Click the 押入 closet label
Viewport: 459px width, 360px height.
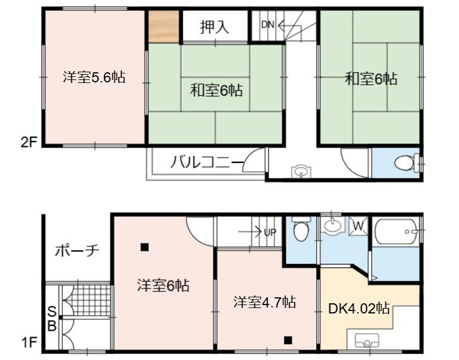[x=215, y=27]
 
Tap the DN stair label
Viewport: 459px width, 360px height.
[x=268, y=25]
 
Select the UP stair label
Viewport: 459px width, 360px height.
[x=270, y=232]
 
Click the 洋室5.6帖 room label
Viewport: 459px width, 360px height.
[x=94, y=78]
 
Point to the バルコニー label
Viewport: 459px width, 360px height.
[x=207, y=162]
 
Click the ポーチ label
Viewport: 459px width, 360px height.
[x=78, y=251]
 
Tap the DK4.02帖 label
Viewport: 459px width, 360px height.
[x=359, y=309]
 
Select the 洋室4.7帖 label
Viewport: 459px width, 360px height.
[x=265, y=302]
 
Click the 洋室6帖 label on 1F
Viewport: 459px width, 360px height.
[x=163, y=285]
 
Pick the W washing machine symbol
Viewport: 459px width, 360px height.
[x=359, y=226]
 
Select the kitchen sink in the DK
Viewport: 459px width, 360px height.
[x=367, y=340]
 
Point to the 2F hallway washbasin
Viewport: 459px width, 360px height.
[x=301, y=171]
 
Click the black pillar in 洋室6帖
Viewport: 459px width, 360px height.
[x=144, y=247]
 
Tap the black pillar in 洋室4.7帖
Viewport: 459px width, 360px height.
[x=288, y=340]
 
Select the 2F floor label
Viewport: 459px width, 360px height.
[x=29, y=143]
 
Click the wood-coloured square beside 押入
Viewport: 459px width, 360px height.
[x=164, y=27]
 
